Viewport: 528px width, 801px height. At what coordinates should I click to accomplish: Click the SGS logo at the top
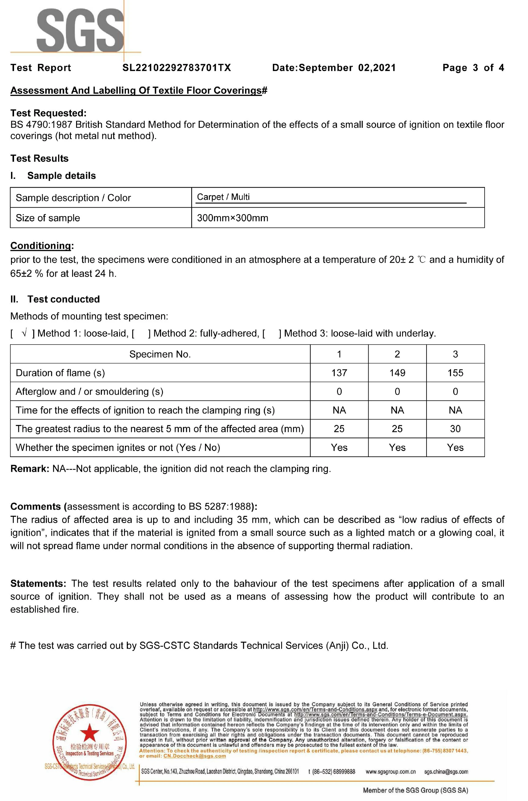pos(80,30)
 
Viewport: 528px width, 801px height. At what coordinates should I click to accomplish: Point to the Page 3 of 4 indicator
pos(473,68)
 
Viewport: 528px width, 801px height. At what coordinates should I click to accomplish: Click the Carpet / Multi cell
pos(223,197)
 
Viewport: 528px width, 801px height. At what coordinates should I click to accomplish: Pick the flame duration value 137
pos(339,373)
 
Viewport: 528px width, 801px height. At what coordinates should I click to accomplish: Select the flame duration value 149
pos(397,373)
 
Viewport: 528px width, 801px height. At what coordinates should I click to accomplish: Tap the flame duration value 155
pos(455,373)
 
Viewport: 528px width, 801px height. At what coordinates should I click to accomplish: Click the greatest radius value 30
pos(455,429)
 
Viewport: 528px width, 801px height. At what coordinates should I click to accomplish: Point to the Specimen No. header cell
pos(160,354)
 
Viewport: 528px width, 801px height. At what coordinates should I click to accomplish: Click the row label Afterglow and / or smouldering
pos(89,391)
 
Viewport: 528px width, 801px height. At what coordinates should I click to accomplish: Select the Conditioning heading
pos(41,245)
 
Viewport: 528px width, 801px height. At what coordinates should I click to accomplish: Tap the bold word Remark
pos(30,469)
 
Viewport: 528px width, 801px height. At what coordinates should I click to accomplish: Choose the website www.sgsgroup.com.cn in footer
pos(391,772)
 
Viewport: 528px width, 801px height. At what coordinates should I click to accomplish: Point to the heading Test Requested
pos(48,113)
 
